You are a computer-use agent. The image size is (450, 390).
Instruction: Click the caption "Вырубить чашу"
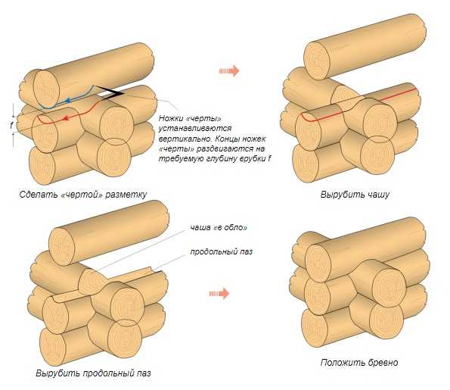point(355,195)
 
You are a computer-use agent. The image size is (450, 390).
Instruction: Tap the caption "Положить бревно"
point(359,363)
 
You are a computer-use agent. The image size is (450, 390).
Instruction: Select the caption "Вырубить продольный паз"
point(93,373)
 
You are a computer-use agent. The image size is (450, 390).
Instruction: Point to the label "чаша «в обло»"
point(219,228)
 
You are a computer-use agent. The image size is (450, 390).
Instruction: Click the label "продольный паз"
point(222,251)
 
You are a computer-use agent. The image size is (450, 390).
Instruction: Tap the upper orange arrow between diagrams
point(229,70)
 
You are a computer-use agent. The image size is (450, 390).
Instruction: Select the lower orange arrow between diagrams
point(219,293)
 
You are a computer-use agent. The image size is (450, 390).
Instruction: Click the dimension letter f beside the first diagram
point(11,125)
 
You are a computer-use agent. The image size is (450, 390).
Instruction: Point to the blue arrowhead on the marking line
point(68,101)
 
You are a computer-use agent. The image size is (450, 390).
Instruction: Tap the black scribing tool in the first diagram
point(110,92)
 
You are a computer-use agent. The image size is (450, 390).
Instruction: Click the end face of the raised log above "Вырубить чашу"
point(317,61)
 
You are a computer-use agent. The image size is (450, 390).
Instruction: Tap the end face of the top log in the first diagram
point(46,89)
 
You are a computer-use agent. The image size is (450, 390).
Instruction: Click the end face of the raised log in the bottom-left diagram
point(61,246)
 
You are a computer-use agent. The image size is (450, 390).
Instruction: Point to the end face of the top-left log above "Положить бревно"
point(318,264)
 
